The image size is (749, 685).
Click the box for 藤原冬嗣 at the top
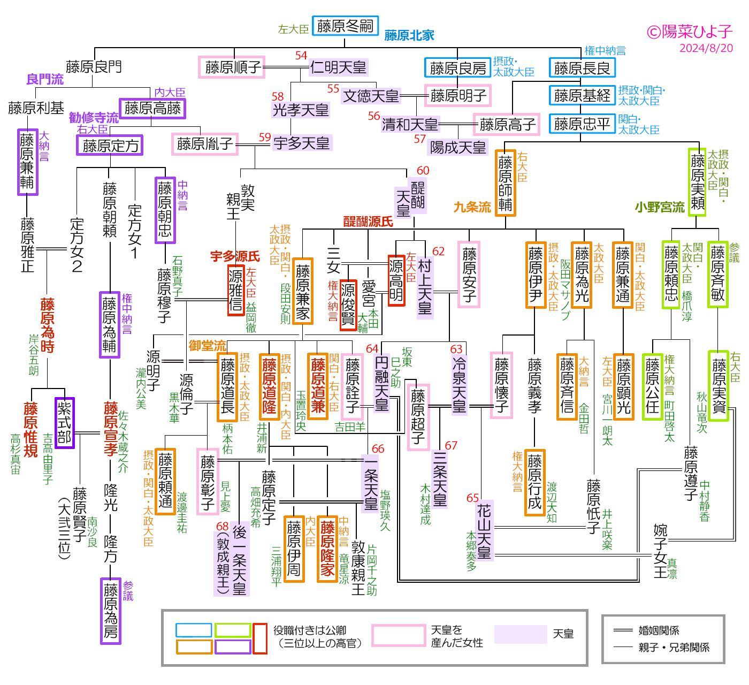(345, 26)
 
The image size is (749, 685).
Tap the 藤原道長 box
(227, 387)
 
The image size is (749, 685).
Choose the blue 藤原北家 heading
(409, 36)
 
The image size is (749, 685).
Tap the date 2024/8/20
(706, 48)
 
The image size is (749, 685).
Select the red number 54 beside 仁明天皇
(301, 56)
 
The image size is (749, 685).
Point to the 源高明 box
(396, 280)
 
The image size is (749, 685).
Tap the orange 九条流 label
(472, 207)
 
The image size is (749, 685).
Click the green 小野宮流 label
(660, 207)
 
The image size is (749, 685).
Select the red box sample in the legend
(260, 638)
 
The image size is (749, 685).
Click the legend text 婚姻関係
(659, 631)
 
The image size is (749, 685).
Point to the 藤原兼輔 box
(27, 162)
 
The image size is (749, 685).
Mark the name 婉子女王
(660, 551)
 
